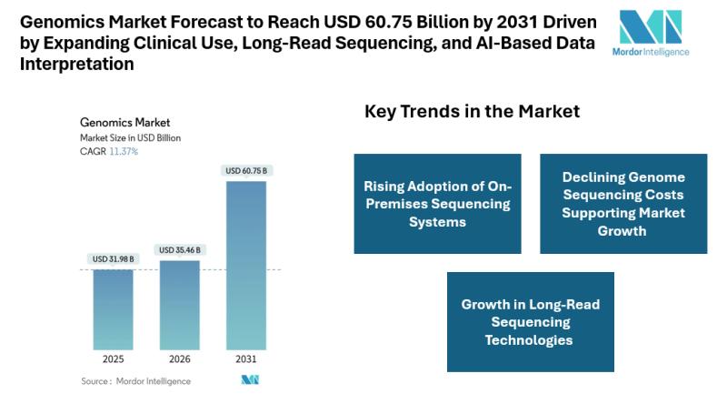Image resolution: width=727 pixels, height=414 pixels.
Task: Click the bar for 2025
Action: pyautogui.click(x=113, y=309)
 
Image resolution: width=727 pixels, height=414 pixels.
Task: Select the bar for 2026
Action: pyautogui.click(x=179, y=305)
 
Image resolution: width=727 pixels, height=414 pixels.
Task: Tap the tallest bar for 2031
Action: pyautogui.click(x=246, y=265)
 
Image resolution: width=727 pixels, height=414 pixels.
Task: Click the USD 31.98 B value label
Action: pyautogui.click(x=113, y=259)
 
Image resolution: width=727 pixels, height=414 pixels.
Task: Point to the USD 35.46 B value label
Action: pyautogui.click(x=179, y=250)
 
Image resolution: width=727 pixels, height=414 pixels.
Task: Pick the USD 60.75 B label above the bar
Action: pyautogui.click(x=246, y=171)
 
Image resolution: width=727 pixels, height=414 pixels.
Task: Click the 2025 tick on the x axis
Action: pyautogui.click(x=113, y=359)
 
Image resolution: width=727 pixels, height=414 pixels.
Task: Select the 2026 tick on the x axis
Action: pyautogui.click(x=179, y=359)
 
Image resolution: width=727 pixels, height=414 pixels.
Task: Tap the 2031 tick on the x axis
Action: pyautogui.click(x=246, y=359)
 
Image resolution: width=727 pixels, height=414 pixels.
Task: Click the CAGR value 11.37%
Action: pyautogui.click(x=124, y=151)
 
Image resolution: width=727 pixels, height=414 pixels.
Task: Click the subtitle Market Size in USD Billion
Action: pyautogui.click(x=130, y=137)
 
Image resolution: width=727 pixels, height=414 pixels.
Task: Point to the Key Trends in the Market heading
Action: pyautogui.click(x=472, y=112)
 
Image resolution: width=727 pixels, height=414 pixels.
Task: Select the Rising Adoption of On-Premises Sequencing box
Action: pyautogui.click(x=438, y=204)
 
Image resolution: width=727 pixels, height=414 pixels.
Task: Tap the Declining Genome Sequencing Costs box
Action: pyautogui.click(x=623, y=204)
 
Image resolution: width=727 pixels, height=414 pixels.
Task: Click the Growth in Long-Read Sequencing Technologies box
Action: pyautogui.click(x=530, y=322)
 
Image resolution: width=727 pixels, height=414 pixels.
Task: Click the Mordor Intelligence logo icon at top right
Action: pyautogui.click(x=650, y=26)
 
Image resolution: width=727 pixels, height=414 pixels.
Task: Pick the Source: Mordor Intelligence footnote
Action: pyautogui.click(x=135, y=381)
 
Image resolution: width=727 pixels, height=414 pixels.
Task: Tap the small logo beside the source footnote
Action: pyautogui.click(x=250, y=380)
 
